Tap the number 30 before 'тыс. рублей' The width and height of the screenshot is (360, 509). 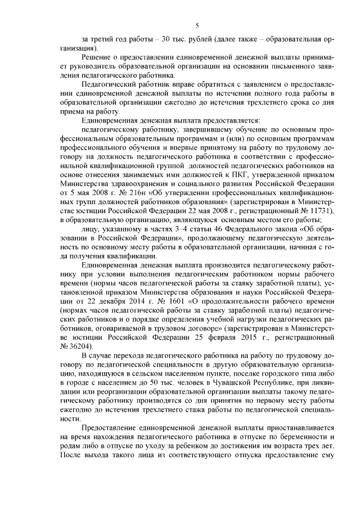point(146,39)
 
